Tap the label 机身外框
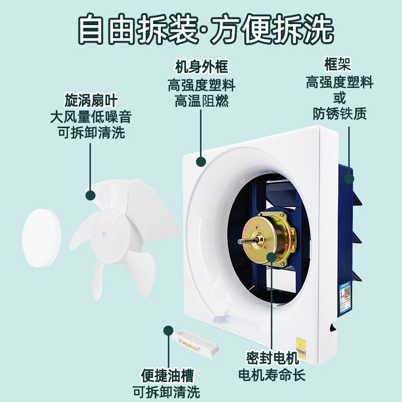(201, 67)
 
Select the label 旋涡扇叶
(90, 99)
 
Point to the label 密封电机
(272, 359)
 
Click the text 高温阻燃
(201, 101)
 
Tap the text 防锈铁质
(340, 114)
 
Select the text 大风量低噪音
(90, 117)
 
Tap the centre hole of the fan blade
(105, 233)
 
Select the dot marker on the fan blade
(90, 195)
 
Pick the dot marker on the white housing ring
(201, 161)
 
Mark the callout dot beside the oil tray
(167, 330)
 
